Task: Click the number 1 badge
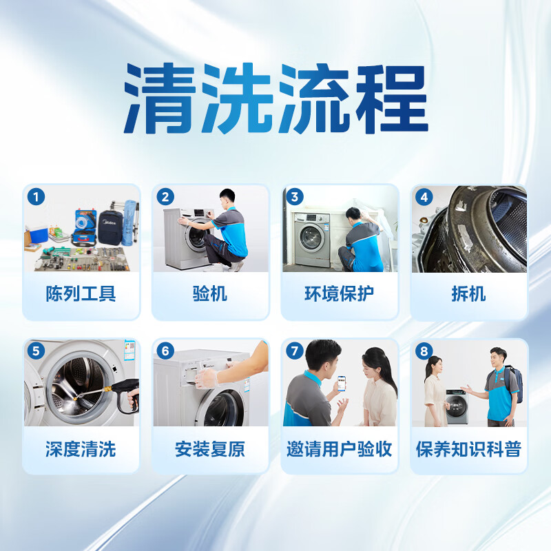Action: pos(36,197)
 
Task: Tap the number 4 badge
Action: pos(424,197)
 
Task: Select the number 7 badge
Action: pos(295,351)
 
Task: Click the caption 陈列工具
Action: pos(81,294)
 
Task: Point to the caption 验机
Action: pos(210,294)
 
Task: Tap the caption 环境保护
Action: pos(340,294)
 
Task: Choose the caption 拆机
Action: pos(469,294)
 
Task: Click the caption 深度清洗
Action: pos(81,449)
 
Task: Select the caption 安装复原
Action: pos(210,449)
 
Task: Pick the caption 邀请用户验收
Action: pos(340,449)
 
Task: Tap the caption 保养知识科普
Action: pos(469,449)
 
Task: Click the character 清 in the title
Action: pos(160,98)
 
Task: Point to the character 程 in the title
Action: pos(392,98)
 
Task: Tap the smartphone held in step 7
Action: pos(342,383)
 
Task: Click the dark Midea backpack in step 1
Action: pos(110,227)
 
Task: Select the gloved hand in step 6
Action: pos(207,377)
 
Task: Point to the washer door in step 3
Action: pos(311,238)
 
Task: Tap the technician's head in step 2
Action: pos(227,198)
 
